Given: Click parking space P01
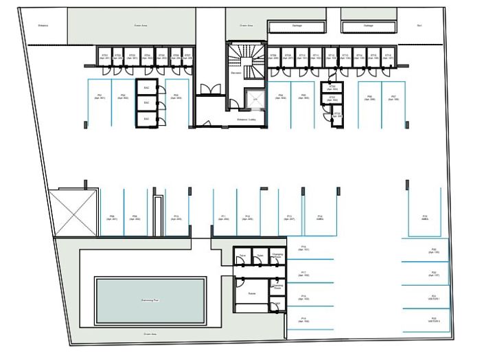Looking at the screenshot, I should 100,97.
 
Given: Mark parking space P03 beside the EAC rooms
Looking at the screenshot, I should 176,97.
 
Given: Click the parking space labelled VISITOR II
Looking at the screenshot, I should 434,319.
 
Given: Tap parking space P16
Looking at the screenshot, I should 303,249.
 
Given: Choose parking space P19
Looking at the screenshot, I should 303,319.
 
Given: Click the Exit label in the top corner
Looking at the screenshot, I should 419,26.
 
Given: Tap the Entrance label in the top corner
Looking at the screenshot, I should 43,26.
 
